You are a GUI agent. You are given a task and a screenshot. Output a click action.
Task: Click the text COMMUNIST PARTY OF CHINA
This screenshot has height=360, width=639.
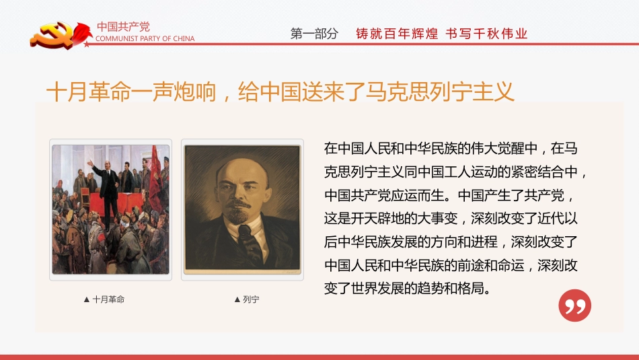tap(145, 39)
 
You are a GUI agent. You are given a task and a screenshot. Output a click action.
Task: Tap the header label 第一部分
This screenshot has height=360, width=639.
tap(314, 34)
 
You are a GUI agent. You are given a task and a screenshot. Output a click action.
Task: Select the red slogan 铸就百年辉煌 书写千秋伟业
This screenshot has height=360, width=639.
tap(441, 34)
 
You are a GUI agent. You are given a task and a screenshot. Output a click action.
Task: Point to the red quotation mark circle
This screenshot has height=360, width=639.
tap(574, 305)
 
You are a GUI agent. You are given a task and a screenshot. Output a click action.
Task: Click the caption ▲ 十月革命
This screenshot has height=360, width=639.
tap(104, 299)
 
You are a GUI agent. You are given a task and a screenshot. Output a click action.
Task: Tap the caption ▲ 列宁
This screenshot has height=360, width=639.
tap(246, 299)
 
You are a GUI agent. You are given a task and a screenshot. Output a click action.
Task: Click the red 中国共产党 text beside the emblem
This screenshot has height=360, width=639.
tap(123, 27)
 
